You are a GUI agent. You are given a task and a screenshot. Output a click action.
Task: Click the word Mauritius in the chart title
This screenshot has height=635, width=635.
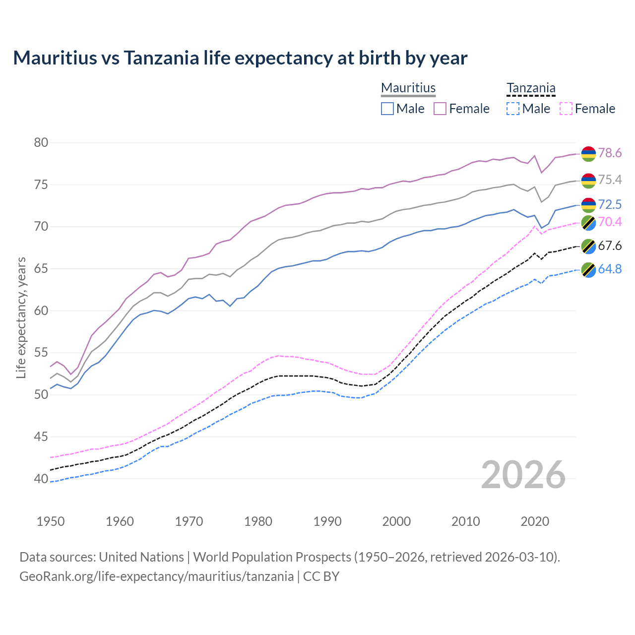click(55, 58)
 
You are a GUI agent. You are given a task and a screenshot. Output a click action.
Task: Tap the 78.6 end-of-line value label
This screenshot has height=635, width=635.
click(610, 153)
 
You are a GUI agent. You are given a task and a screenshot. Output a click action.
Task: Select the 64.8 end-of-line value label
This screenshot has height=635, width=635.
click(610, 269)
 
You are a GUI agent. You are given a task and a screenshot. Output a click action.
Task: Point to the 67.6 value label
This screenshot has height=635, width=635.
click(610, 246)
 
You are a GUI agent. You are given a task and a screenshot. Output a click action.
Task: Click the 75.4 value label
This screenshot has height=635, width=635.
click(610, 180)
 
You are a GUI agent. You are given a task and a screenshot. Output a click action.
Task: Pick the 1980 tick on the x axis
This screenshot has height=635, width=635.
click(258, 521)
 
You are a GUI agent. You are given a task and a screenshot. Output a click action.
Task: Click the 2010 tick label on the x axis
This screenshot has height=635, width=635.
click(465, 521)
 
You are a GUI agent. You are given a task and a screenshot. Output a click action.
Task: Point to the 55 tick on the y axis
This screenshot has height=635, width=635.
click(41, 353)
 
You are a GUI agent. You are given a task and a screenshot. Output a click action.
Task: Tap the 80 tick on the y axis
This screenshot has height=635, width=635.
click(41, 143)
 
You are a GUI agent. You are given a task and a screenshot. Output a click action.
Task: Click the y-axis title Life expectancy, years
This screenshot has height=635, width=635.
click(21, 317)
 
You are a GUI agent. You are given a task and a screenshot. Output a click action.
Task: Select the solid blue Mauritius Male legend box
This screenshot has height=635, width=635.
click(387, 109)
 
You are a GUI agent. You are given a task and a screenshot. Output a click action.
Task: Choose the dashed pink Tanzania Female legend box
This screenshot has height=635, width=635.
click(566, 109)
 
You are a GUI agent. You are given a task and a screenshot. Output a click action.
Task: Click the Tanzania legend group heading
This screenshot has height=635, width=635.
click(531, 88)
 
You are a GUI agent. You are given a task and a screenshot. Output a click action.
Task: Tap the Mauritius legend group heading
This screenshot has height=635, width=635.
click(408, 88)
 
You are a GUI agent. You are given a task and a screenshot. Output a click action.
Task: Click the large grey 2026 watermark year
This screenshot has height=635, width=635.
click(523, 475)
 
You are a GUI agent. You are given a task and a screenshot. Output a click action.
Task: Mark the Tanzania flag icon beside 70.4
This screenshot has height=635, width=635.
click(588, 223)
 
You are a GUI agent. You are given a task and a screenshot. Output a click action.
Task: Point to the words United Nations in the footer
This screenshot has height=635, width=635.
click(141, 557)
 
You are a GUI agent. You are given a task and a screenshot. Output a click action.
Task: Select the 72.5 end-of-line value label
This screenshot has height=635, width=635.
click(610, 204)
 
